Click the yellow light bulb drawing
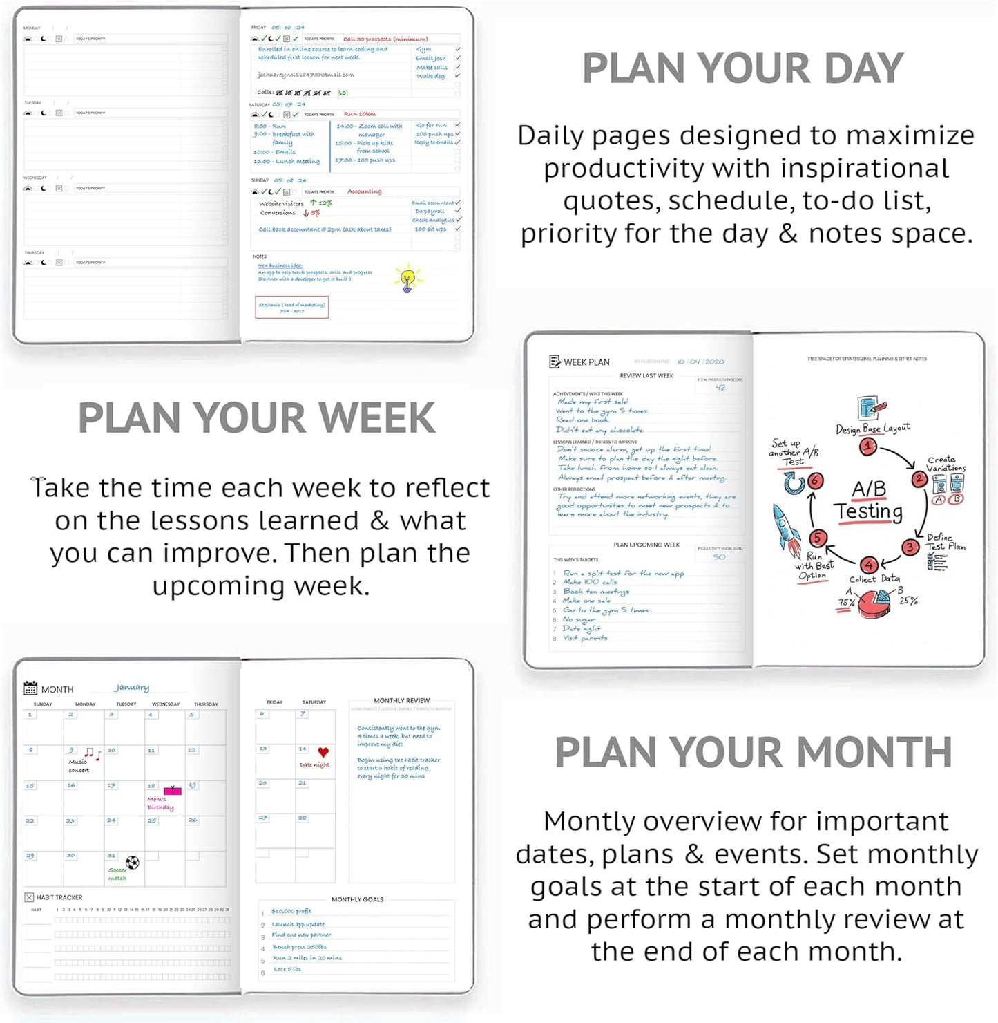(407, 279)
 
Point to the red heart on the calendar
(323, 752)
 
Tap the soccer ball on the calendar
(133, 862)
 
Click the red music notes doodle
(92, 753)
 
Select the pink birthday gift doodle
(172, 790)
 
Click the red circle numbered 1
(867, 447)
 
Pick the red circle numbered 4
(869, 565)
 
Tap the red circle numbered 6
(816, 480)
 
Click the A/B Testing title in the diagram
(868, 500)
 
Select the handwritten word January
(132, 688)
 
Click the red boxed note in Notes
(291, 308)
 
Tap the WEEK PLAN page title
(586, 362)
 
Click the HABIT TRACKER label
(59, 897)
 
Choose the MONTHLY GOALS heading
(357, 899)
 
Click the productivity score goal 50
(719, 557)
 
